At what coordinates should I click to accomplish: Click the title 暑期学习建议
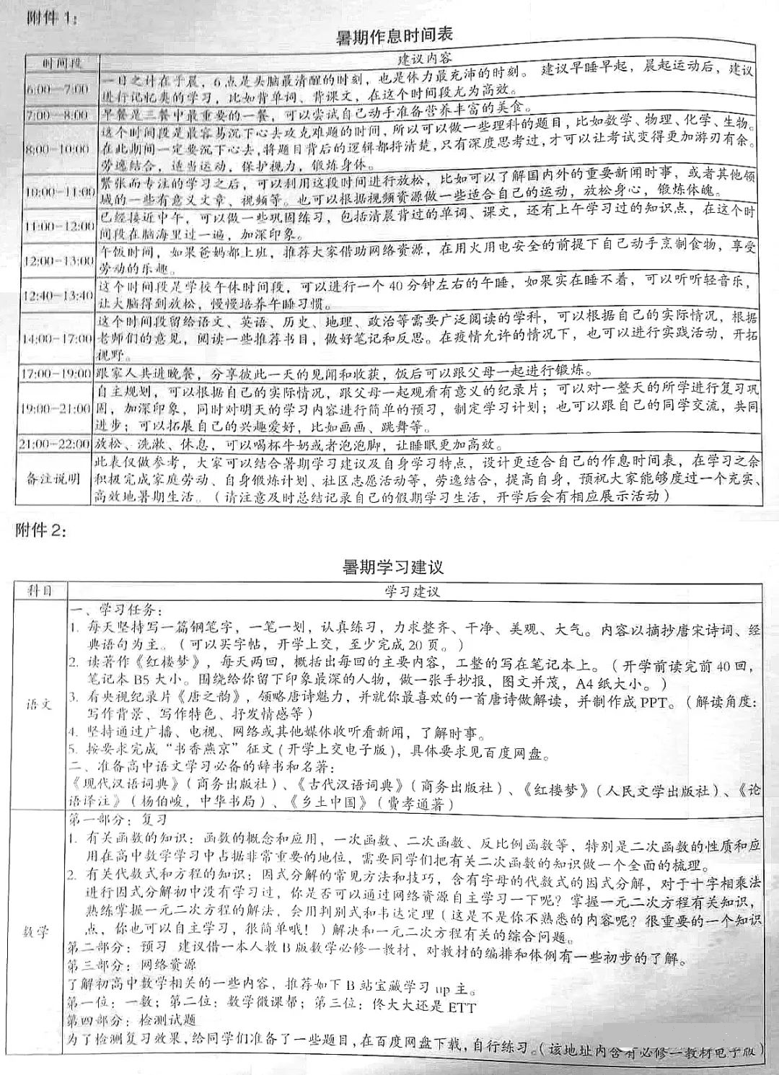point(393,567)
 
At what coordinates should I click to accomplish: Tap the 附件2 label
point(42,532)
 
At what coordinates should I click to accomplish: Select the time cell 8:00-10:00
point(57,149)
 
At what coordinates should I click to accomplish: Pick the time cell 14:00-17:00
point(58,338)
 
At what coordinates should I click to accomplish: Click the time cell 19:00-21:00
point(57,408)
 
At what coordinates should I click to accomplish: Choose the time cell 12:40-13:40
point(57,296)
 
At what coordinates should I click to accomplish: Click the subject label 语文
point(40,703)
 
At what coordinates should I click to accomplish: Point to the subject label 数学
point(40,931)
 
